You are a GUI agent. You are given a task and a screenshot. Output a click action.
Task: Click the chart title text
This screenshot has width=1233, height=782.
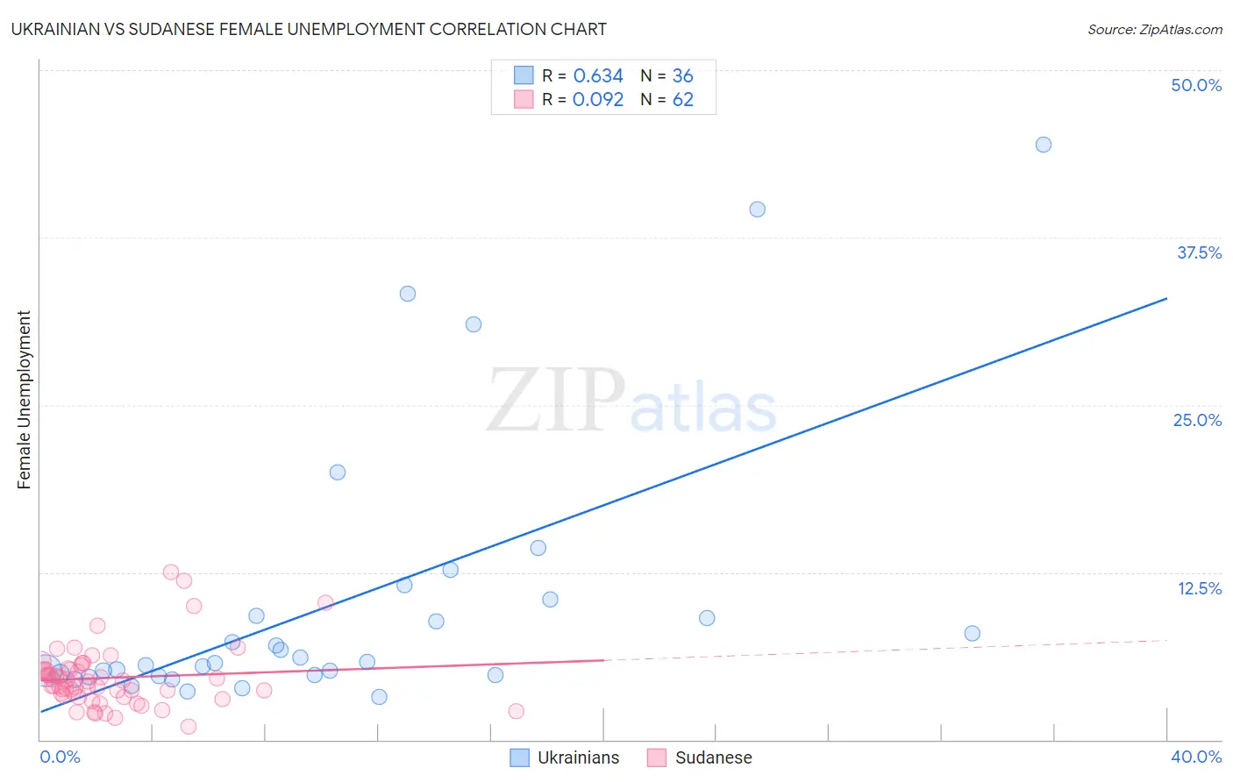309,29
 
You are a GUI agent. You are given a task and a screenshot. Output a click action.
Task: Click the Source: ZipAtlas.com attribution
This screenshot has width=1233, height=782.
1154,30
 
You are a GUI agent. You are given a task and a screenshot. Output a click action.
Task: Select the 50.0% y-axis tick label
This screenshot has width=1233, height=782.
1196,85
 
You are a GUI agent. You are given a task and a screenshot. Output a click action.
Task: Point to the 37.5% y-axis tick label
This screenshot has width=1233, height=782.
1199,252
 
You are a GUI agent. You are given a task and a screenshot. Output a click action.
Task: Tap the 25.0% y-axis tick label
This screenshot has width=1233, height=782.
1197,420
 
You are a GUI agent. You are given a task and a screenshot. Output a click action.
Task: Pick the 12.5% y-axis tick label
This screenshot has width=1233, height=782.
1199,588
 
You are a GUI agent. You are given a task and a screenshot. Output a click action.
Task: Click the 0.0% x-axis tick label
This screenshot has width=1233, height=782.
60,757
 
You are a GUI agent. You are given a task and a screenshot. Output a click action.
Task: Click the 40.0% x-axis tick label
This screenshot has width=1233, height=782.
1196,757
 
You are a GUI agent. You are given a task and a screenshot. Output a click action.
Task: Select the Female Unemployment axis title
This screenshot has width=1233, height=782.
24,400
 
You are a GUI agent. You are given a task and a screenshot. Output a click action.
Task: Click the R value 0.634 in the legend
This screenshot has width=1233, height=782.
598,76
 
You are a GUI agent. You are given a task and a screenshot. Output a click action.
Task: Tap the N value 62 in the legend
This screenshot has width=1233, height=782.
682,100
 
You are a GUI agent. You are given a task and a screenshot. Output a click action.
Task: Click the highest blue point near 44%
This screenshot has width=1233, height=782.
1043,145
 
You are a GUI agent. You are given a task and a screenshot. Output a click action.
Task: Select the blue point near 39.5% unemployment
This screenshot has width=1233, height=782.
757,210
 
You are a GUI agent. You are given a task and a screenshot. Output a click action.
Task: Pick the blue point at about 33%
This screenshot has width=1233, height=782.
407,294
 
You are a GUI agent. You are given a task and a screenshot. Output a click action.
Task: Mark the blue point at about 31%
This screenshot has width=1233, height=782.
474,324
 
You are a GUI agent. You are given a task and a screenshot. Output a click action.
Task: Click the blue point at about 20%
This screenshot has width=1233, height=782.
337,473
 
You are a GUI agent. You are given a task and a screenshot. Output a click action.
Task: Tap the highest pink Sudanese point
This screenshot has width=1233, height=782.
171,572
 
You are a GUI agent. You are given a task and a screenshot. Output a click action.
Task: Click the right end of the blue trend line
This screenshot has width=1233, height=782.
1166,299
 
